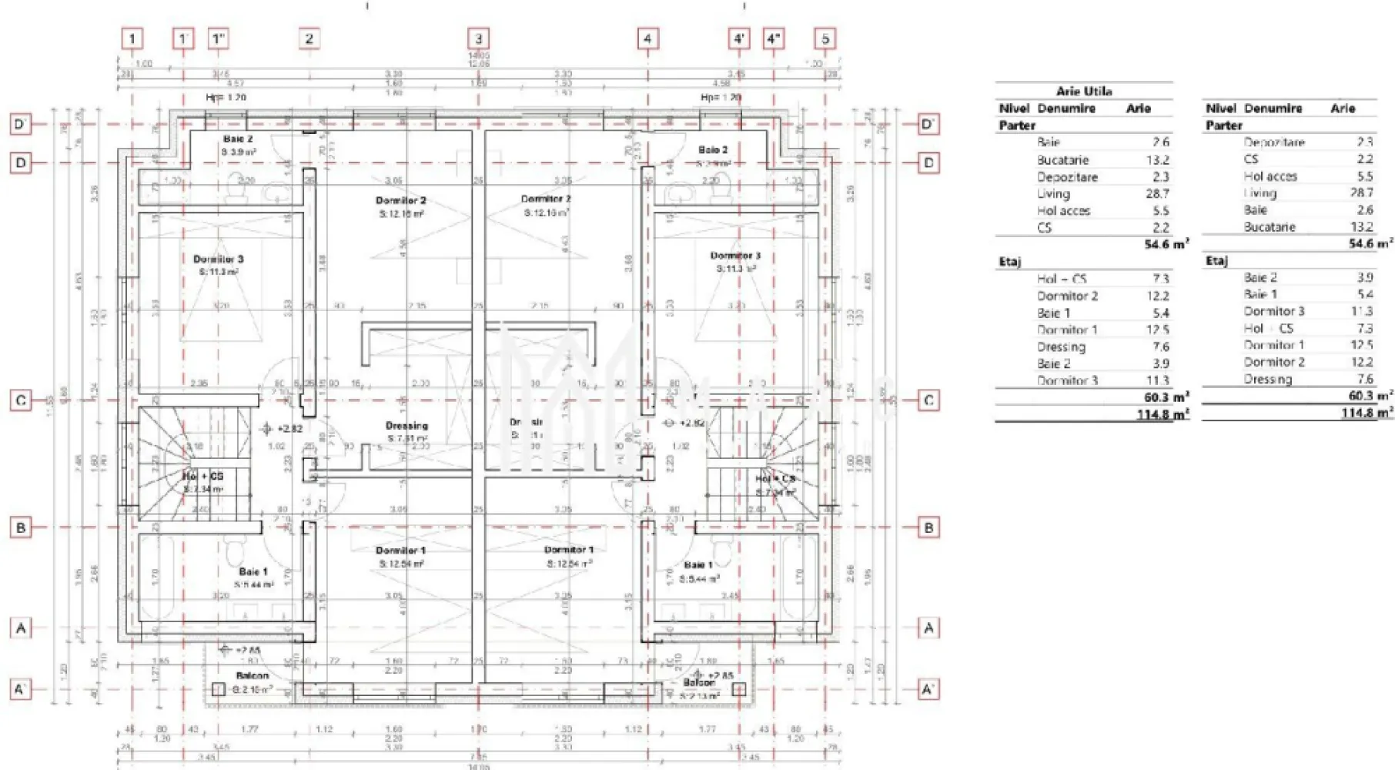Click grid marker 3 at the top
pos(478,38)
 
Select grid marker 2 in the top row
pos(309,38)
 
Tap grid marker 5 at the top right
pos(825,38)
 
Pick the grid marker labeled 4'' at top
pos(774,38)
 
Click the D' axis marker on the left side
pos(21,124)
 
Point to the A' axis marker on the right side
pos(928,688)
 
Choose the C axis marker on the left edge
pos(21,400)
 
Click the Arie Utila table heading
pos(1084,91)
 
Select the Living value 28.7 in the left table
pos(1156,194)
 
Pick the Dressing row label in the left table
pos(1061,346)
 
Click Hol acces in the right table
pos(1270,176)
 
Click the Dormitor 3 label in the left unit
pos(218,259)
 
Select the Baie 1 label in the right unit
pos(698,565)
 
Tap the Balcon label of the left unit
pos(253,676)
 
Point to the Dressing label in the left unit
pos(406,426)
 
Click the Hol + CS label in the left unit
pos(203,477)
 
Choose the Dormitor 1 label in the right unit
pos(568,550)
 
